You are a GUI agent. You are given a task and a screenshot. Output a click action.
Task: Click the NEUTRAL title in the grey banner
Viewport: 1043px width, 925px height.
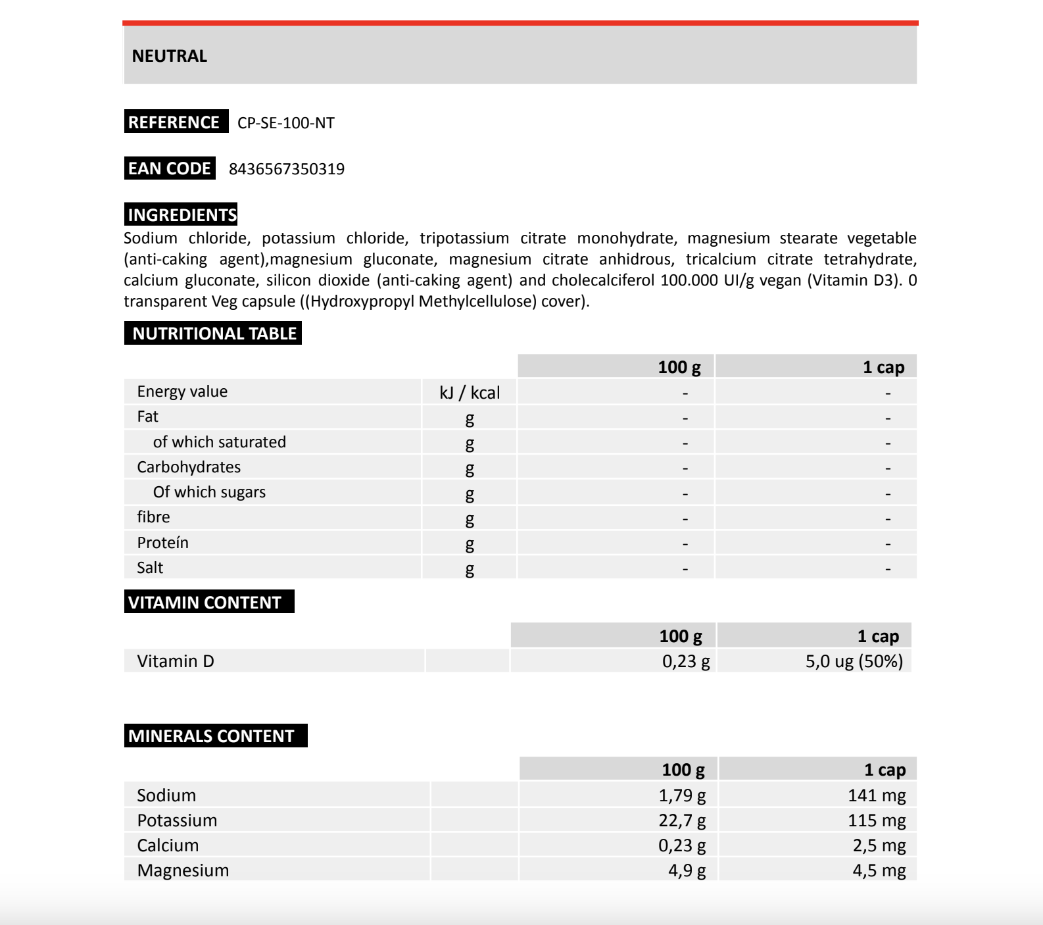click(x=170, y=56)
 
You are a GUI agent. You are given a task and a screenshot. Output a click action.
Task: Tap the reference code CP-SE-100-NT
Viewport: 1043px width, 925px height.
click(x=286, y=123)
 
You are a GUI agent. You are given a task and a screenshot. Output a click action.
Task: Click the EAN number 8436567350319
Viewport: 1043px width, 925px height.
click(x=287, y=169)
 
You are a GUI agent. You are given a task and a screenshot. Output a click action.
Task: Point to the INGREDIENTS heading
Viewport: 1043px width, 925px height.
click(x=182, y=214)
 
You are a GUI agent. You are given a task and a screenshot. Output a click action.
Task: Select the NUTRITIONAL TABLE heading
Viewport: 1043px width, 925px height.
click(x=214, y=334)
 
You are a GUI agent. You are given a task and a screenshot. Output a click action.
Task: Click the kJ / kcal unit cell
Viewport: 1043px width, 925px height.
click(x=470, y=393)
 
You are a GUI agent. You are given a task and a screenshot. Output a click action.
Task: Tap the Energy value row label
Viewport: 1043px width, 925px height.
click(x=182, y=391)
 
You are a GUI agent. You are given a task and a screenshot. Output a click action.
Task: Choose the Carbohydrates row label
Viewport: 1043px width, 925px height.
click(x=189, y=467)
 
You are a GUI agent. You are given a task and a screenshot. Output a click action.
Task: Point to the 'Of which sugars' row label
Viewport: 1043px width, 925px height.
click(x=209, y=492)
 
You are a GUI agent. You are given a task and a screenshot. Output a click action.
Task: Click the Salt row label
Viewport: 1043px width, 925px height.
click(x=150, y=568)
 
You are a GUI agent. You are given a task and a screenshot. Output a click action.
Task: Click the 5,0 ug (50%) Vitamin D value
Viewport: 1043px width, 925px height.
click(x=854, y=661)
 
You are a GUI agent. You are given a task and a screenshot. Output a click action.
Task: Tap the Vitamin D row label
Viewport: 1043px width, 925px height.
click(x=176, y=661)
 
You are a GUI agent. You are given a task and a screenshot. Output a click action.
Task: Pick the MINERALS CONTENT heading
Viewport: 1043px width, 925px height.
click(x=212, y=736)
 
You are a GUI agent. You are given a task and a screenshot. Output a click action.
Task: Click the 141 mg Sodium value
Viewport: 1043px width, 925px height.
click(x=877, y=795)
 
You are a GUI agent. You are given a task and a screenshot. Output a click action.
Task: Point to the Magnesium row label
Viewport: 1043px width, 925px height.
click(x=183, y=870)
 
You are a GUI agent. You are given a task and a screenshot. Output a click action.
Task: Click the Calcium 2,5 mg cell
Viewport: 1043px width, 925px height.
click(x=879, y=845)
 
